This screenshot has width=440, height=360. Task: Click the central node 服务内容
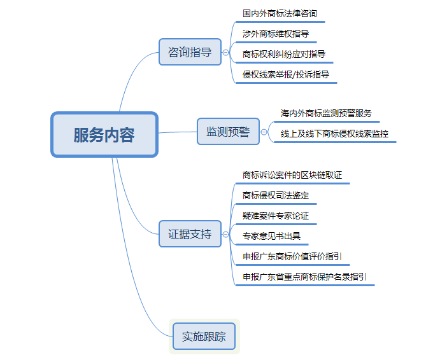104,135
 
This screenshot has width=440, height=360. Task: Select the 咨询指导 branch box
190,52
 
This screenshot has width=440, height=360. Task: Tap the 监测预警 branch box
228,132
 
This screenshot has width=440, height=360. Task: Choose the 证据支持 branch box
190,234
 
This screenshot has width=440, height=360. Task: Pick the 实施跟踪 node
204,336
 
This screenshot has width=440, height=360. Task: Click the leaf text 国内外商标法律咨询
280,13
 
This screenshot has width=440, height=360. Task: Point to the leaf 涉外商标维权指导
275,33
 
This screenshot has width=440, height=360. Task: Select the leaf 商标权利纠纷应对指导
284,53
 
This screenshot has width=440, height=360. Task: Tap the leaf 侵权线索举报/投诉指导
286,74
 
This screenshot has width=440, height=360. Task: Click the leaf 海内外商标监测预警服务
326,113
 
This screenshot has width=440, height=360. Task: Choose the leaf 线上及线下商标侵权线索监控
334,134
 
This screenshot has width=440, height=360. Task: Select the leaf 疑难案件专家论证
275,216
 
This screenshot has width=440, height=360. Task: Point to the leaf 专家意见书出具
271,236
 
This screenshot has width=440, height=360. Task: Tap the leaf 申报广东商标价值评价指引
292,256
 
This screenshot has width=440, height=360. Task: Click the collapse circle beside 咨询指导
225,53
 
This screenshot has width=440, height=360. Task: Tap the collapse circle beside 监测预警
264,132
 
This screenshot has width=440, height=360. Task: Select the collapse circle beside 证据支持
225,235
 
